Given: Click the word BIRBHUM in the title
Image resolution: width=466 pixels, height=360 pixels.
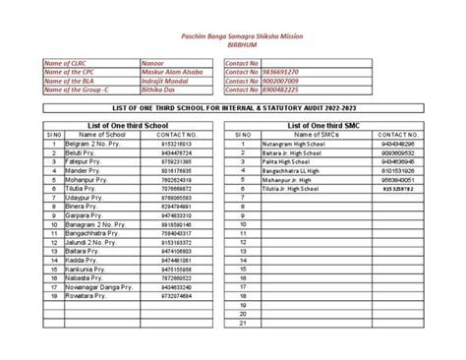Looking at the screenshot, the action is (234, 44).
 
